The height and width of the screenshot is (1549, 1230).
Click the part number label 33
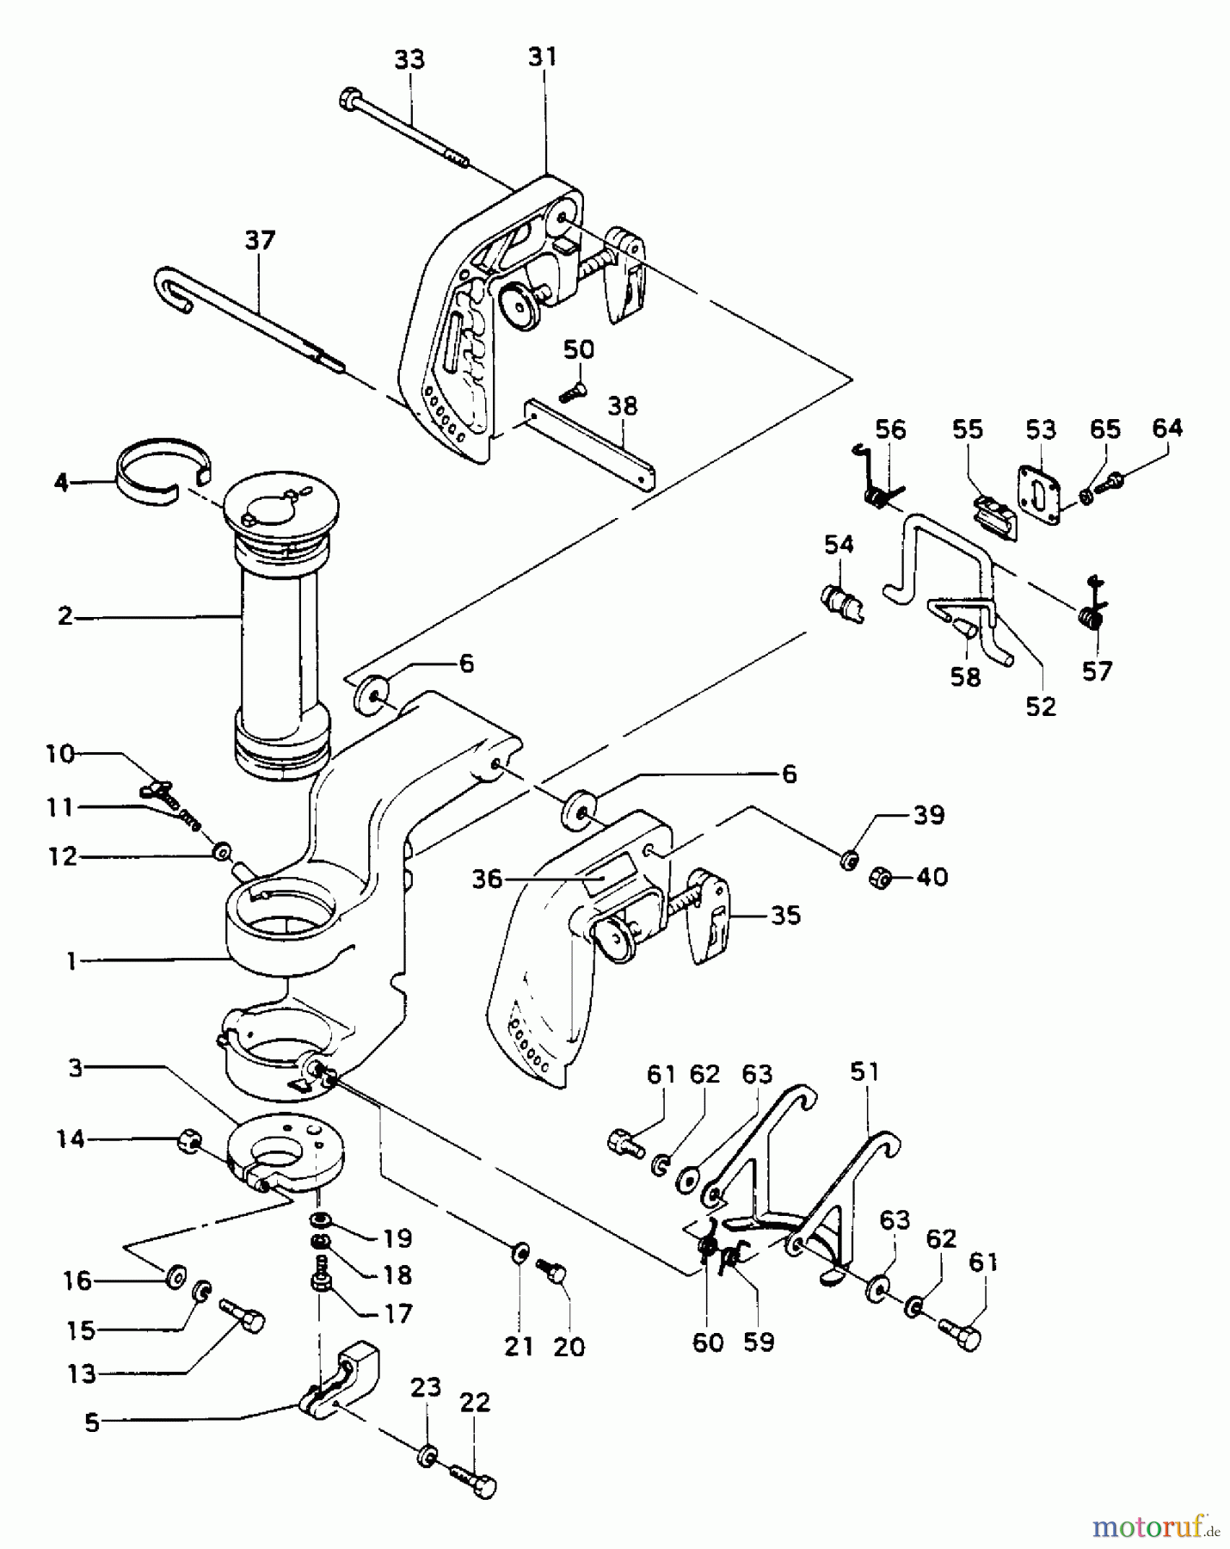coord(409,60)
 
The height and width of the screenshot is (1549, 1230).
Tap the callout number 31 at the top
coord(542,57)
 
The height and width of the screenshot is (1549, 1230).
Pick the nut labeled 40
coord(881,877)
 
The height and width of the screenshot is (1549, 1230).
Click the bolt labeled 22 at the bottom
coord(476,1481)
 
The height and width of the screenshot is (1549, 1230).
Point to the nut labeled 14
coord(188,1142)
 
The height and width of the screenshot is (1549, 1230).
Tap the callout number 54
coord(839,544)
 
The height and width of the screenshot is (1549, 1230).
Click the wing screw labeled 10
coord(165,789)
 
